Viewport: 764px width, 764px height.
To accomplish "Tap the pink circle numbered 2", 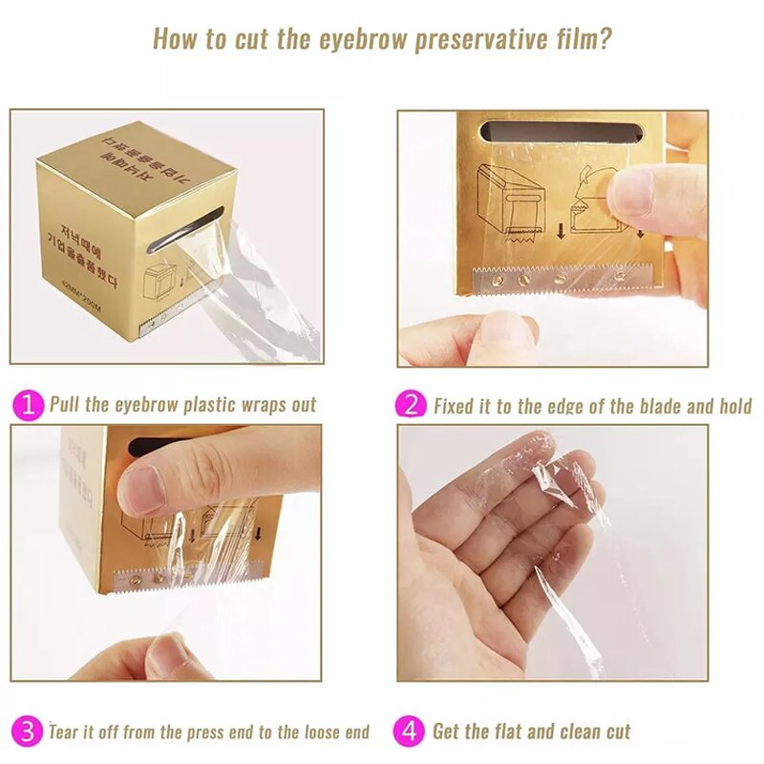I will pyautogui.click(x=411, y=404).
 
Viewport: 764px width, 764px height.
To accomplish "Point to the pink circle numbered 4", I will pyautogui.click(x=411, y=732).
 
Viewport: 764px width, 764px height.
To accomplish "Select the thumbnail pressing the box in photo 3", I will pyautogui.click(x=143, y=490).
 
